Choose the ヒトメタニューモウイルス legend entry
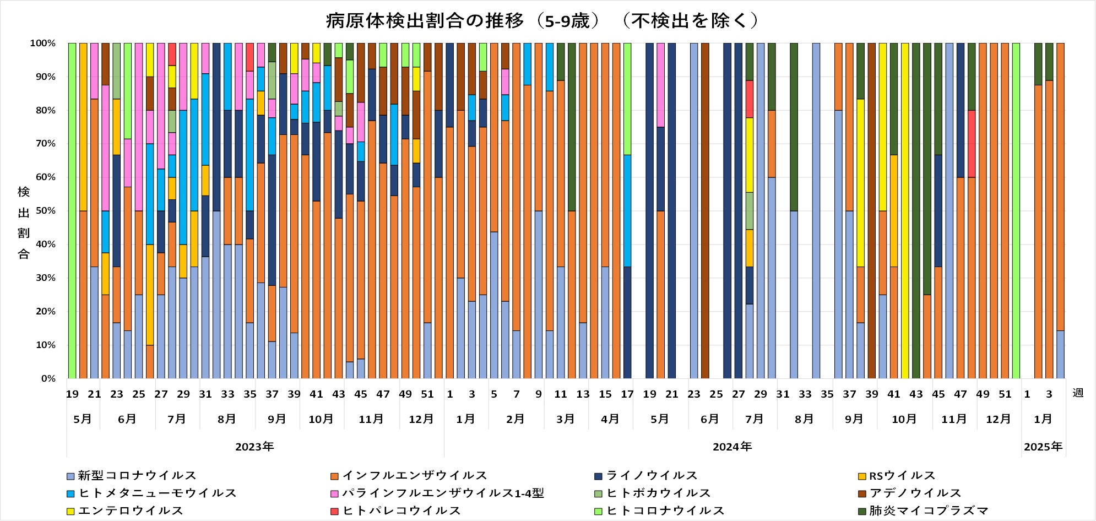[x=151, y=493]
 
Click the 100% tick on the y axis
[x=43, y=44]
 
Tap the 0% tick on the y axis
[x=48, y=379]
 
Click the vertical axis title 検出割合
[x=24, y=222]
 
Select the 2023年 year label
[x=254, y=447]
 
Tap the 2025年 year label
[x=1043, y=447]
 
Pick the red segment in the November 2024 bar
[x=972, y=144]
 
